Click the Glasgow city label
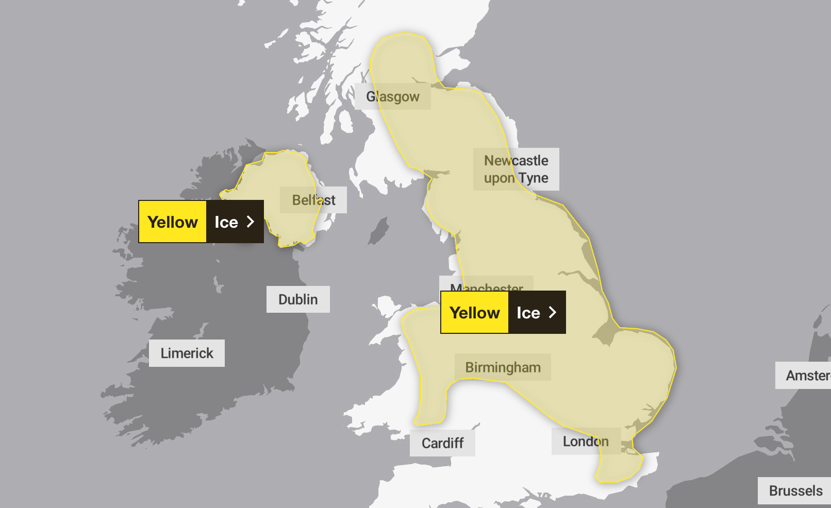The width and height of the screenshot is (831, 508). coord(393,96)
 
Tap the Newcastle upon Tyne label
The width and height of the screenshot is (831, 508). coord(516,169)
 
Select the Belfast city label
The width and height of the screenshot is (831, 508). coord(313,200)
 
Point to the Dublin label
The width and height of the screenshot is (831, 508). coord(298,299)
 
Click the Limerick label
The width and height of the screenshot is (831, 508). coord(187,353)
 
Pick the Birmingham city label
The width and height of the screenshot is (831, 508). coord(503,367)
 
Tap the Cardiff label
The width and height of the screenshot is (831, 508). coord(442,443)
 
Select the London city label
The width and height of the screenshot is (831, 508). coord(586,442)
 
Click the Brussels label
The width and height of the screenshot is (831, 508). coord(795,490)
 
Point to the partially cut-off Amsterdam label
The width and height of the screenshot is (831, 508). coord(807,376)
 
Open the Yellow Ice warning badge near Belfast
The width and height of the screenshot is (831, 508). coord(201,222)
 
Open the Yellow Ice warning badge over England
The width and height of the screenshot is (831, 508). coord(503,312)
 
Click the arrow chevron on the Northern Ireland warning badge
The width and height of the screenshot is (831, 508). coord(251,222)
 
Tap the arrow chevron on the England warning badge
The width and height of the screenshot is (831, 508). coord(553,312)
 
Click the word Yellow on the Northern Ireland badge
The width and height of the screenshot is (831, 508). coord(173,222)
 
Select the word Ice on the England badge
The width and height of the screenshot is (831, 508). coord(528,313)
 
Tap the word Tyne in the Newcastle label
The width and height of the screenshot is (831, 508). coord(534,178)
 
